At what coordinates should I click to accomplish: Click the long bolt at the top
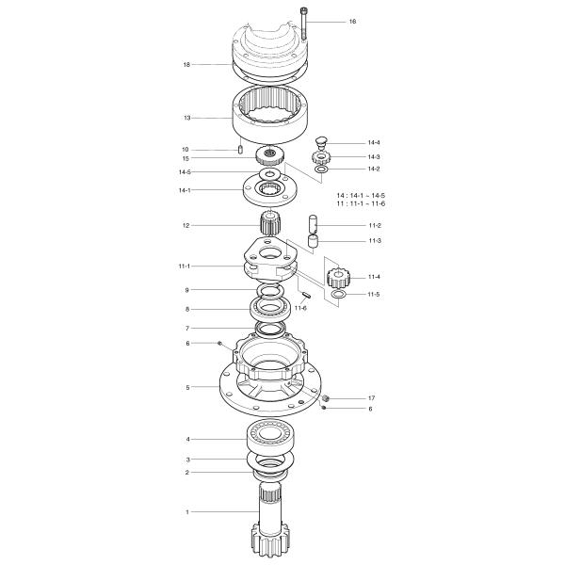pos(304,24)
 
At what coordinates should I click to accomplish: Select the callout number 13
pos(187,118)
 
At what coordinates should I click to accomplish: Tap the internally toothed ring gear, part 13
pos(270,114)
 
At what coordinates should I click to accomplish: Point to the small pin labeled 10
pos(240,149)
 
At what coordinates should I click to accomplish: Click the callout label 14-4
pos(374,143)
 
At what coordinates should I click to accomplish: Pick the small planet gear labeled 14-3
pos(321,157)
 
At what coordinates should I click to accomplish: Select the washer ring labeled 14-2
pos(321,169)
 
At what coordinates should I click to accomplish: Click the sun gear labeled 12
pos(269,223)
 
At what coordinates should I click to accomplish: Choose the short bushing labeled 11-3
pos(313,241)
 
